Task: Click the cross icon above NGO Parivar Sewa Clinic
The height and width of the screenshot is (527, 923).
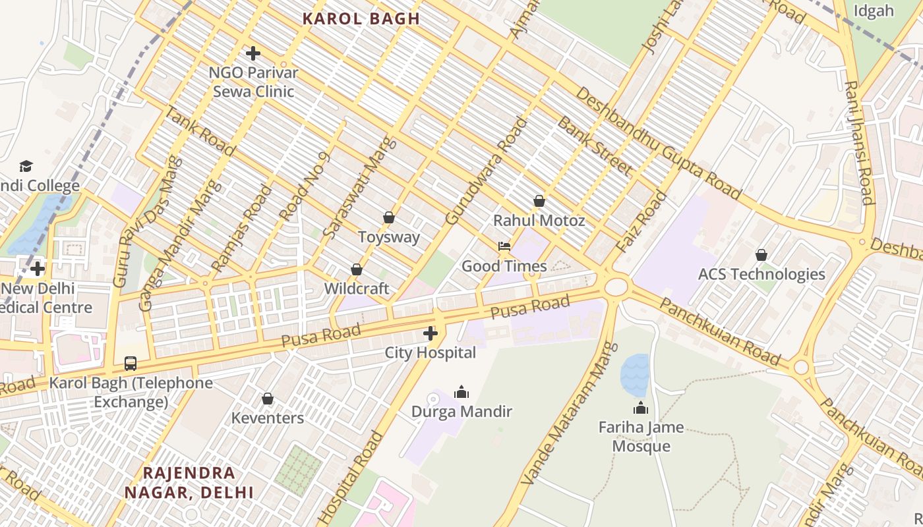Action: tap(253, 53)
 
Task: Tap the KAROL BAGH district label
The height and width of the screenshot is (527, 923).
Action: tap(361, 18)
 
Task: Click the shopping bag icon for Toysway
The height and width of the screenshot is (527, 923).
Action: tap(389, 217)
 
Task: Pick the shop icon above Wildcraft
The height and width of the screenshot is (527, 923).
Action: tap(357, 269)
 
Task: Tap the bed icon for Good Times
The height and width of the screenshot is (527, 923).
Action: tap(504, 246)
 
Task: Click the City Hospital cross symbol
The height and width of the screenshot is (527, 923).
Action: tap(431, 333)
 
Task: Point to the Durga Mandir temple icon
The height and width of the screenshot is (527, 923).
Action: tap(461, 393)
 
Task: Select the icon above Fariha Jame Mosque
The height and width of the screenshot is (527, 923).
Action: tap(641, 408)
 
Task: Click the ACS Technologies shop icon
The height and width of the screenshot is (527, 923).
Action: tap(761, 255)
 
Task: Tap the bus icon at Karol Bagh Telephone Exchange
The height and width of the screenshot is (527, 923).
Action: tap(131, 363)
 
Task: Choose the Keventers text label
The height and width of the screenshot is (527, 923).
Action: tap(268, 418)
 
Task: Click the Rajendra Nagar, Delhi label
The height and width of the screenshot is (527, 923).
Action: tap(189, 482)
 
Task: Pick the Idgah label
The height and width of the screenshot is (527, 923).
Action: tap(874, 11)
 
